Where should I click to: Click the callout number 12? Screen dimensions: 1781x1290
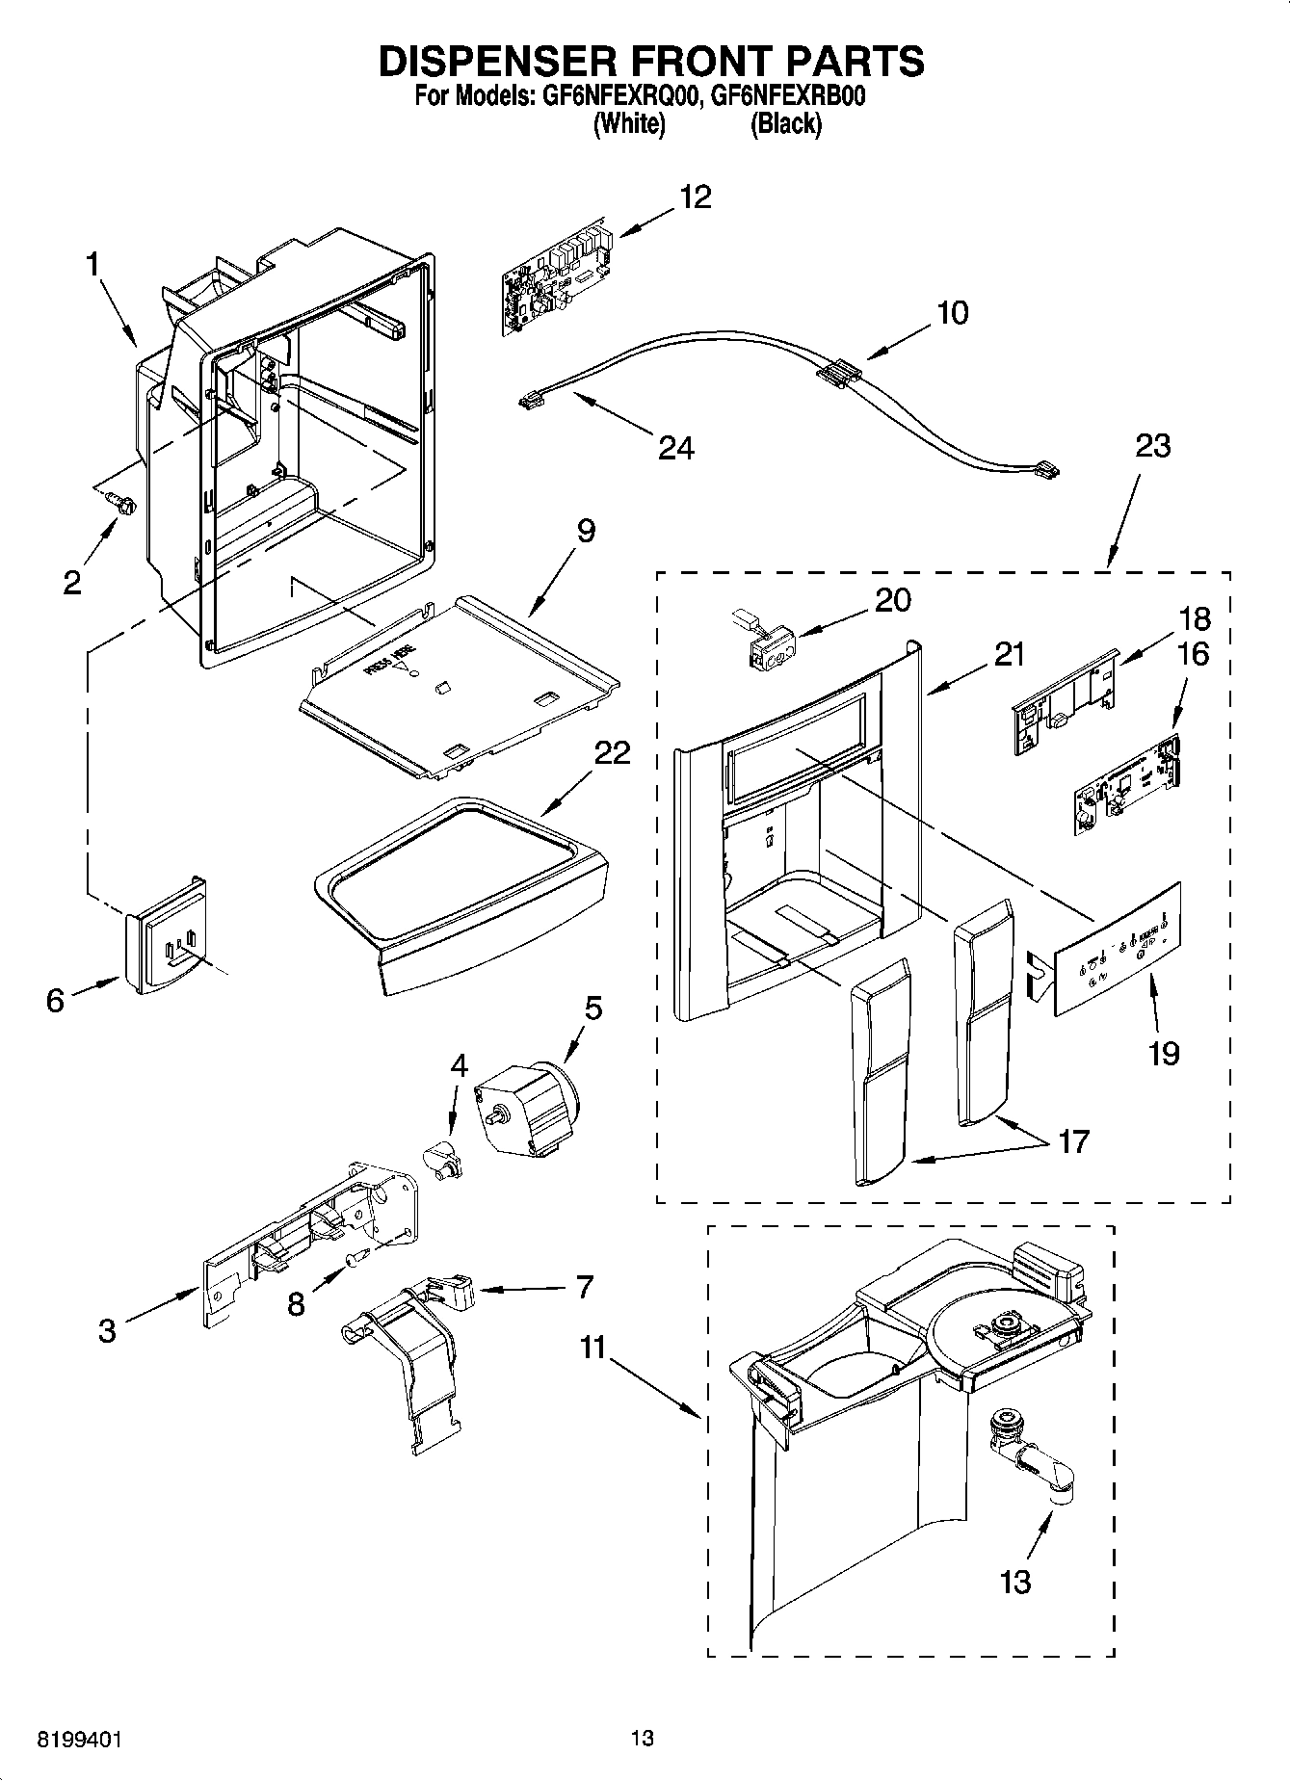(695, 197)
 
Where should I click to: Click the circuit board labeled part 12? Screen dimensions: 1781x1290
(556, 280)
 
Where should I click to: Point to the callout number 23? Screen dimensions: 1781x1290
(1152, 446)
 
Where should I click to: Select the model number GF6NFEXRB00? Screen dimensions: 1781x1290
(785, 97)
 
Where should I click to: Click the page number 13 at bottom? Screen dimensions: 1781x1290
(643, 1738)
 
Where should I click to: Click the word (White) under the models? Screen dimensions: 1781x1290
(628, 124)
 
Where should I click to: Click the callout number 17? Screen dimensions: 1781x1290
(1072, 1141)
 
